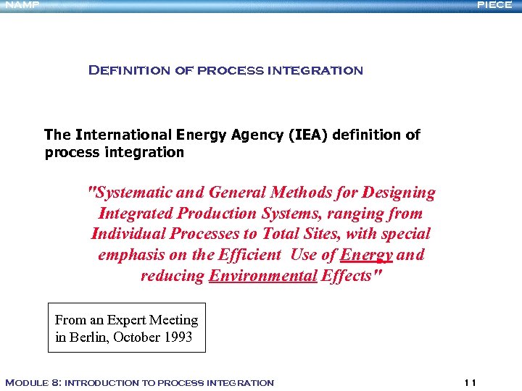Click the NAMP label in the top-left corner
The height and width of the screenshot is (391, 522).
click(x=20, y=4)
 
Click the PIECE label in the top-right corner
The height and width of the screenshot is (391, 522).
click(x=494, y=4)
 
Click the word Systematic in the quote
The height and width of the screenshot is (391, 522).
click(x=128, y=193)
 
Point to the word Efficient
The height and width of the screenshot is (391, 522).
click(x=245, y=255)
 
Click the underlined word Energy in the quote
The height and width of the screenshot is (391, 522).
click(x=366, y=255)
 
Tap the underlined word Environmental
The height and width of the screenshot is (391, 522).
click(x=263, y=276)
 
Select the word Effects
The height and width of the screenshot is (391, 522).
click(x=352, y=276)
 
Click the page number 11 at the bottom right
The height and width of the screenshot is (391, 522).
click(x=471, y=382)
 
